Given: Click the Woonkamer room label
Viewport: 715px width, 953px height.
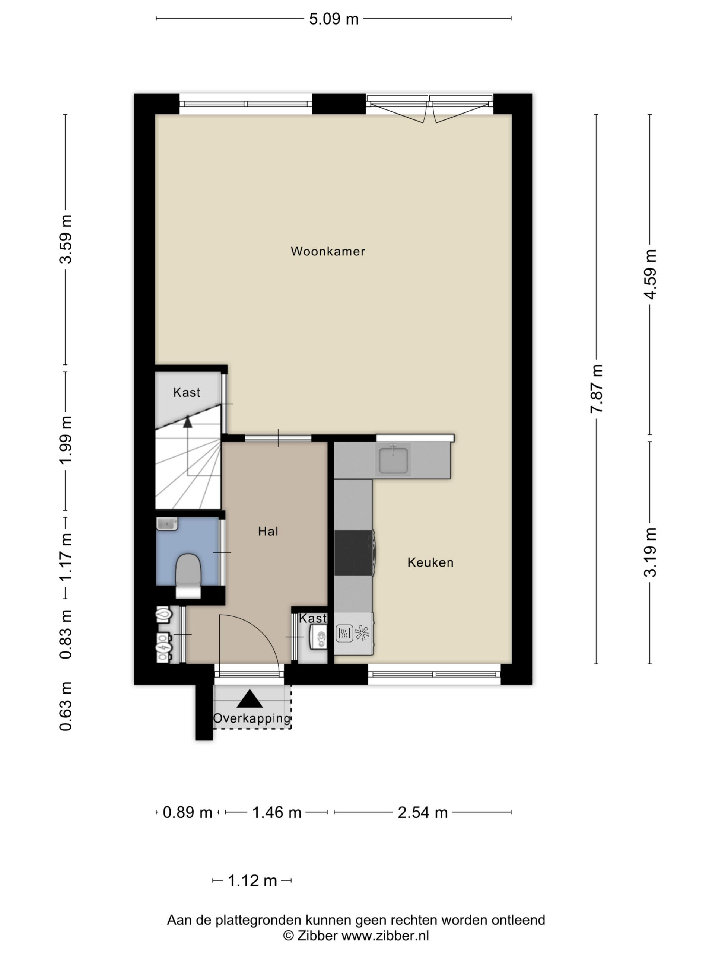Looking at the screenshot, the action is click(328, 251).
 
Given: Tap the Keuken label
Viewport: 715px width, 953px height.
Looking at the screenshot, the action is click(430, 562).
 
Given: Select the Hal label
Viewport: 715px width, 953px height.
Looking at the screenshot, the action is click(268, 531).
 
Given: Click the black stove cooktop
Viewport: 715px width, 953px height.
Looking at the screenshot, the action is click(354, 552).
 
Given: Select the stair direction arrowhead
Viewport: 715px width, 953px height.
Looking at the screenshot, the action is click(187, 421).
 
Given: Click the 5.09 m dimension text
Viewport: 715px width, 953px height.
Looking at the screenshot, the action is click(334, 19).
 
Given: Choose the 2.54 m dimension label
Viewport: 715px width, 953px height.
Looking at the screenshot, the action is click(422, 813).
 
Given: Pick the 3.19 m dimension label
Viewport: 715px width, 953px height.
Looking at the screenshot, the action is click(650, 552).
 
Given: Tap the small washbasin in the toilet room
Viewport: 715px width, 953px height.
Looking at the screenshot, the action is click(167, 524).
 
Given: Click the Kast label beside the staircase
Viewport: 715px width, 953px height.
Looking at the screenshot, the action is click(187, 392).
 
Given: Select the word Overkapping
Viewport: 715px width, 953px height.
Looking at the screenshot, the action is click(252, 718).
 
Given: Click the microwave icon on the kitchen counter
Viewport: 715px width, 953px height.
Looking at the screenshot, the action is click(344, 633).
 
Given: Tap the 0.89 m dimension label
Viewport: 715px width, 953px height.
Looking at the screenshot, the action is click(187, 813).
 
